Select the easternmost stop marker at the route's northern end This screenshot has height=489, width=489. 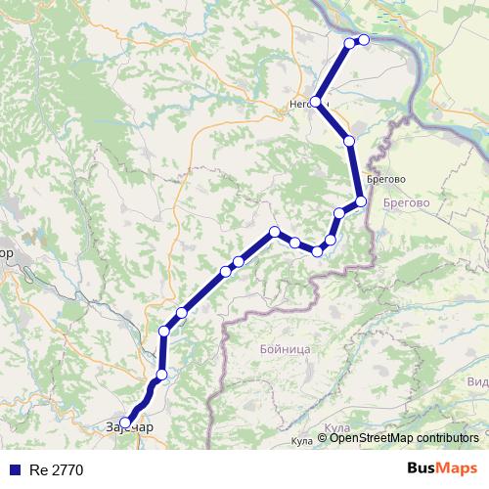coord(364,40)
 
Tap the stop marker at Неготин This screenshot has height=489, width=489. coord(316,102)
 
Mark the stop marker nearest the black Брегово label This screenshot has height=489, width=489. coord(361,201)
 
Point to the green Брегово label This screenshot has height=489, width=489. coord(408,202)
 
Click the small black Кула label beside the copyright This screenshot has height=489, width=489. coord(302,442)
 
